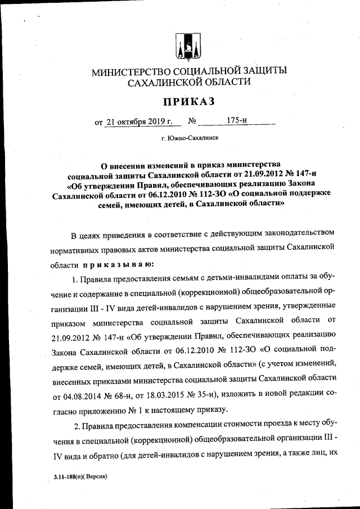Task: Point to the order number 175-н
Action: pos(237,120)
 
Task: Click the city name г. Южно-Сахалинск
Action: pos(190,137)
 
